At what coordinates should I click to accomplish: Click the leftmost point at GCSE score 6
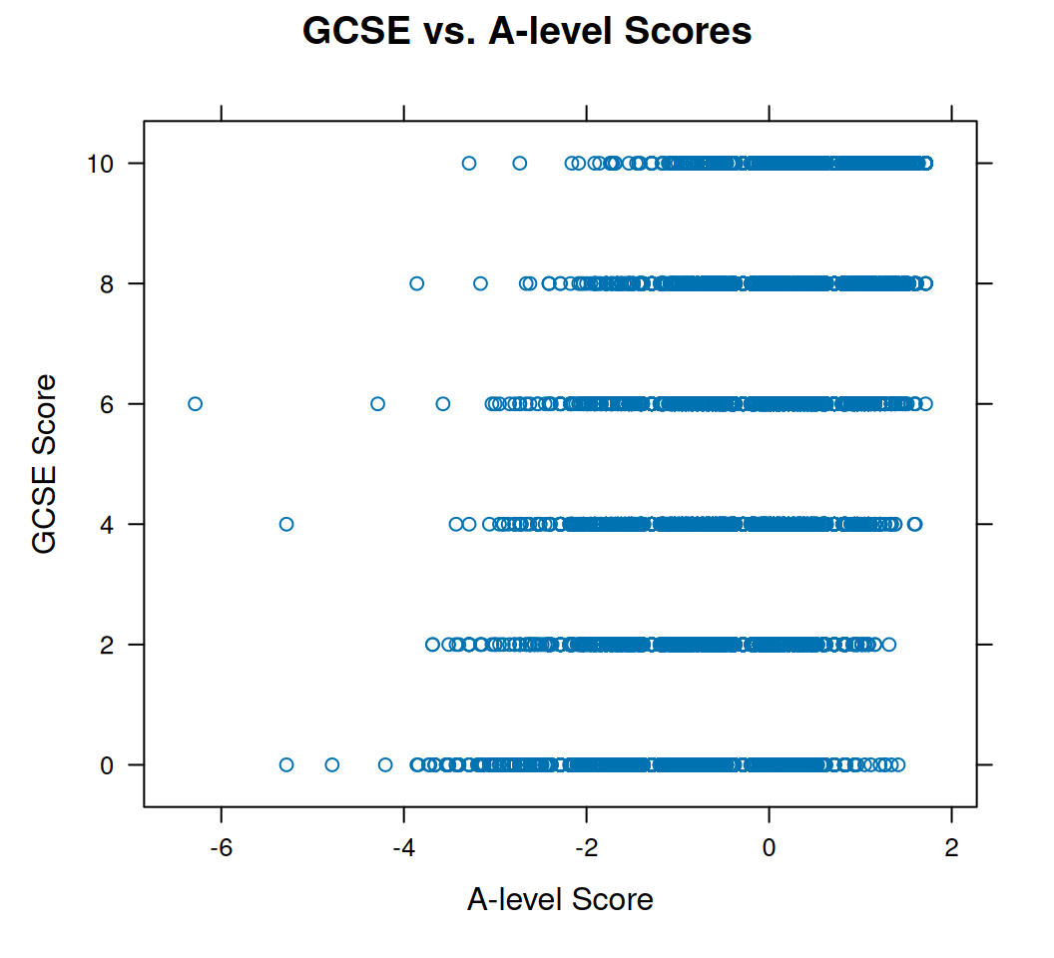[195, 403]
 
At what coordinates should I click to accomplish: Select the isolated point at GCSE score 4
[286, 524]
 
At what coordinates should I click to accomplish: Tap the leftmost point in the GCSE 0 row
[286, 764]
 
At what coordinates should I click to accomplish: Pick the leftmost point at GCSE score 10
[469, 163]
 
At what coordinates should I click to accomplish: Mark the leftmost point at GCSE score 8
[417, 283]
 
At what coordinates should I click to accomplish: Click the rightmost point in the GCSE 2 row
[888, 644]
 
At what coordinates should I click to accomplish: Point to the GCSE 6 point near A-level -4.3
[377, 403]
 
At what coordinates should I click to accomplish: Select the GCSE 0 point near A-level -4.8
[332, 764]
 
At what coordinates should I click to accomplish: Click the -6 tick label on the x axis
[221, 847]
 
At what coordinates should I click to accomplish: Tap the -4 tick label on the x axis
[403, 847]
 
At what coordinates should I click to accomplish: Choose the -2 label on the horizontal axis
[586, 847]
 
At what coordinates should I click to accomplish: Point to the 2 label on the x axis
[951, 847]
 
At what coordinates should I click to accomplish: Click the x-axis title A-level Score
[560, 899]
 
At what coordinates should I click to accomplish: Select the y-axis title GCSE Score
[45, 463]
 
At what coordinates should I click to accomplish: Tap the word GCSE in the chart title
[354, 31]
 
